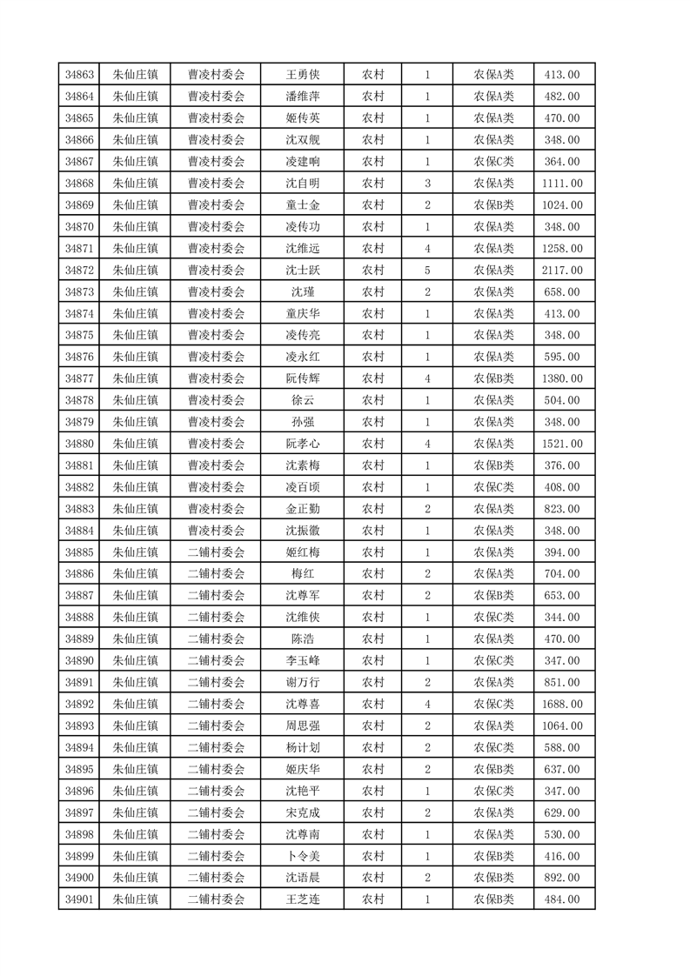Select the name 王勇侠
302,75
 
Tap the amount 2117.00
562,271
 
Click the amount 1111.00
562,184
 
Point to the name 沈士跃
302,271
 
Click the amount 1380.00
562,378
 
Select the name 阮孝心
302,444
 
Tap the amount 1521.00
562,444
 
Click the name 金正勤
302,509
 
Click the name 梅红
302,574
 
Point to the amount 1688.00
562,704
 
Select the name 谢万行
302,682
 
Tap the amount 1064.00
562,725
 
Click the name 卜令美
302,856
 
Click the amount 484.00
562,899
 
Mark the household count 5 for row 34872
427,271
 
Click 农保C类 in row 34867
493,162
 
